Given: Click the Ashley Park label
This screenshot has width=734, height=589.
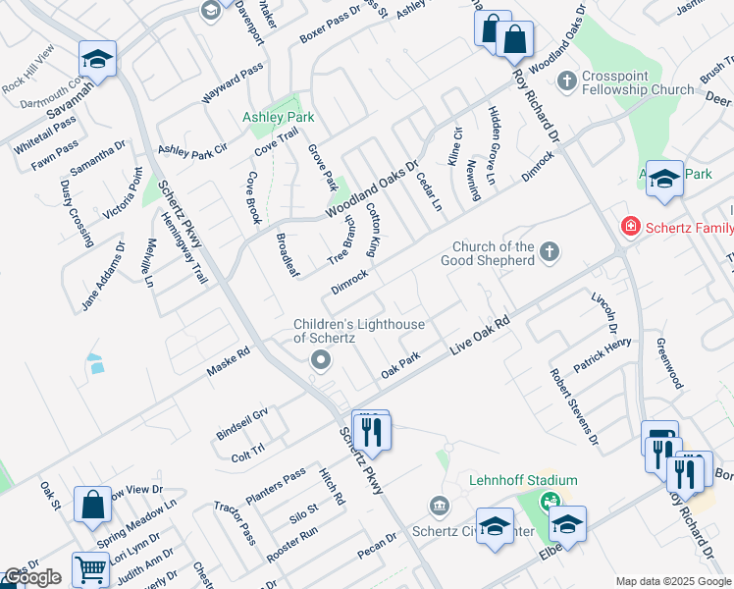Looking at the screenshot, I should [x=279, y=117].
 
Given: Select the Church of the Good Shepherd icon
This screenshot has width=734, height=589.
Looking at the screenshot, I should [x=549, y=252].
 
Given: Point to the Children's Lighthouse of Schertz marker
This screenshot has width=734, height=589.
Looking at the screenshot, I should [x=320, y=362].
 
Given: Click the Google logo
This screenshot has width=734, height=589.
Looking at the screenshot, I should [x=31, y=577].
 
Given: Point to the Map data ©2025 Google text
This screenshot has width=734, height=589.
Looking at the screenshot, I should [x=673, y=581].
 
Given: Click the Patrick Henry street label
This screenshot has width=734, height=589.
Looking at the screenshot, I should [x=603, y=353].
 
